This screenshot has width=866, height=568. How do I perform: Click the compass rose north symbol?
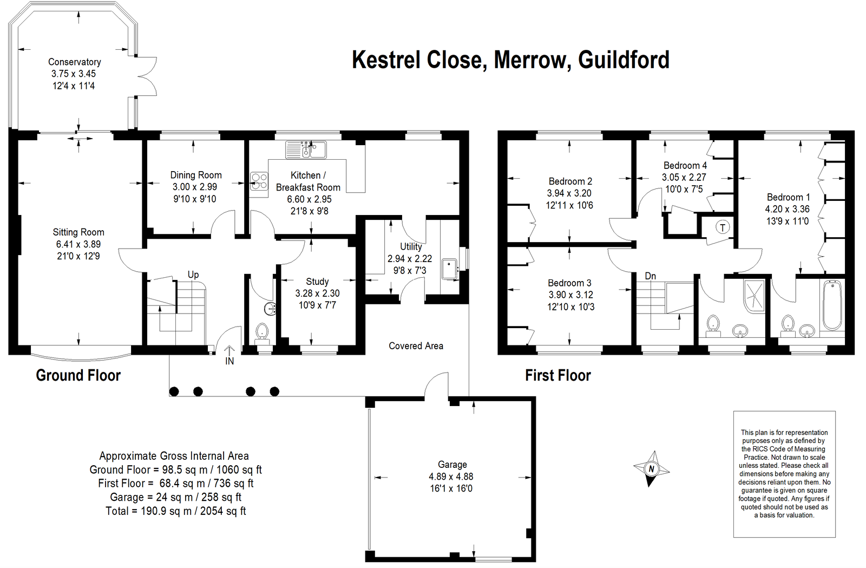pos(651,468)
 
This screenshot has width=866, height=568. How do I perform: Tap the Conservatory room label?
pos(74,62)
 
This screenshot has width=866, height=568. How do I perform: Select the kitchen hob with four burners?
pos(259,181)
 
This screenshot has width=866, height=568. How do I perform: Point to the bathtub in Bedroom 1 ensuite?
pos(832,305)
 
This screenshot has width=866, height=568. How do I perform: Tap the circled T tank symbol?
pos(723,227)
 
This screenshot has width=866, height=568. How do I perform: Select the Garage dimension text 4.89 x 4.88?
pos(451,476)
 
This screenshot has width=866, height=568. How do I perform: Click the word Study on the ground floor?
pos(317,282)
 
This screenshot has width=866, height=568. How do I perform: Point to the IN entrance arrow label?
pos(229,361)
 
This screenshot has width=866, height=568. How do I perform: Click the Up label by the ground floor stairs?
pos(193,275)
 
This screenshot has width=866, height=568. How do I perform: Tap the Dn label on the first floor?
pos(650,276)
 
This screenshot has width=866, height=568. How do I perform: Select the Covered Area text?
pos(416,346)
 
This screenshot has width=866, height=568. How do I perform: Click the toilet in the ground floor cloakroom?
pos(262,331)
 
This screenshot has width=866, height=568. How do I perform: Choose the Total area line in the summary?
pos(175,511)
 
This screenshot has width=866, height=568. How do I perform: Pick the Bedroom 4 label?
pos(685,165)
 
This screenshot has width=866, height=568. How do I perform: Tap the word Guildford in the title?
pos(624,60)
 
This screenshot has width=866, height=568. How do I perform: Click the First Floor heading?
pos(557,375)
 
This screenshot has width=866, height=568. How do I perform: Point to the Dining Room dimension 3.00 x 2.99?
pos(195,187)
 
